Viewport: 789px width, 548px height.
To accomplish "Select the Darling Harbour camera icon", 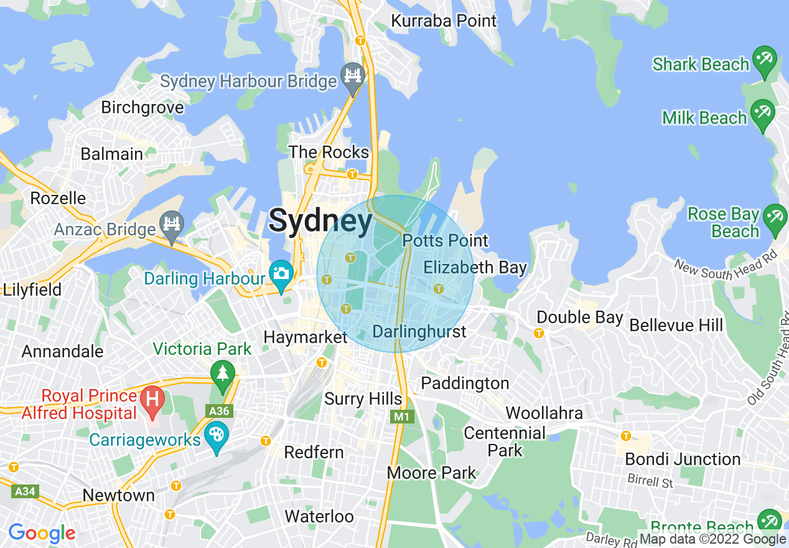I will pyautogui.click(x=281, y=273).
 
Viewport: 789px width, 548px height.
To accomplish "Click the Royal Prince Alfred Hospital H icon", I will pyautogui.click(x=151, y=397).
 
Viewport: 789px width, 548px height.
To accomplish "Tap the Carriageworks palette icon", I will pyautogui.click(x=217, y=435).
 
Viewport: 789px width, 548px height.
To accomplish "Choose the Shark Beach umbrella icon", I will pyautogui.click(x=763, y=59).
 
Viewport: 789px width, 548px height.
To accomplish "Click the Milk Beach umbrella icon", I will pyautogui.click(x=762, y=112).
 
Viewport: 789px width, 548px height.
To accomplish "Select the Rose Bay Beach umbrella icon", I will pyautogui.click(x=775, y=217).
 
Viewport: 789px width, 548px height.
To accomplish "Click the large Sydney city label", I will pyautogui.click(x=320, y=221).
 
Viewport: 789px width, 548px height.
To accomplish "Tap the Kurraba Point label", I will pyautogui.click(x=444, y=21).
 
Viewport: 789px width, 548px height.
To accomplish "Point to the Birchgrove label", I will pyautogui.click(x=142, y=107).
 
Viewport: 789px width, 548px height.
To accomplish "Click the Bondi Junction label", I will pyautogui.click(x=683, y=460).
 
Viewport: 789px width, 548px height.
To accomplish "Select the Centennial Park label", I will pyautogui.click(x=505, y=441).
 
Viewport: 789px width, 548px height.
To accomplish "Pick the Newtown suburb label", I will pyautogui.click(x=119, y=495).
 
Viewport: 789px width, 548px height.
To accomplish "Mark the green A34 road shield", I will pyautogui.click(x=25, y=491).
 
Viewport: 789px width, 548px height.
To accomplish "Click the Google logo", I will pyautogui.click(x=42, y=533).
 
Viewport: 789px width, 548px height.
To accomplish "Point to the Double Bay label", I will pyautogui.click(x=579, y=317).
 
